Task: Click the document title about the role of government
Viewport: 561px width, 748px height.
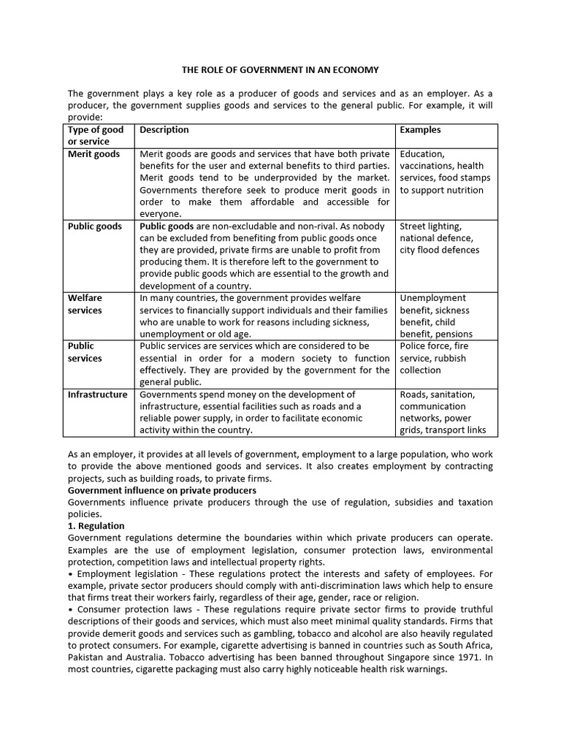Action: tap(280, 70)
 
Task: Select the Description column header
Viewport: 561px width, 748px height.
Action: tap(164, 130)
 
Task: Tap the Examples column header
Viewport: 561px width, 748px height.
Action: tap(420, 130)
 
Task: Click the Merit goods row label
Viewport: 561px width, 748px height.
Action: tap(93, 154)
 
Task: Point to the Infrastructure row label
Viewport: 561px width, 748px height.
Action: tap(97, 394)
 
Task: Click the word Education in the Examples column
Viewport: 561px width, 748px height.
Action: tap(421, 154)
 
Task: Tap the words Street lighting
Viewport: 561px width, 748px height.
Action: tap(430, 226)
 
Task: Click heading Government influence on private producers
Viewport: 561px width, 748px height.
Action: tap(162, 491)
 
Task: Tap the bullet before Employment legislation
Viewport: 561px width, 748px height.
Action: tap(70, 574)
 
